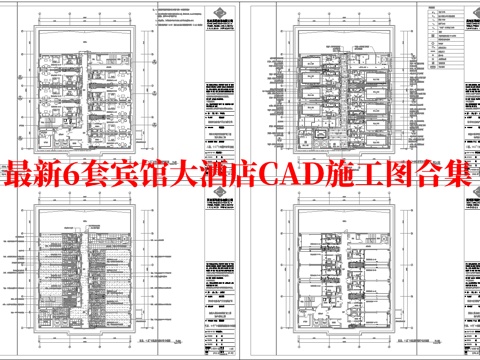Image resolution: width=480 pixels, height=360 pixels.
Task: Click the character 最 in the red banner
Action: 21,176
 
